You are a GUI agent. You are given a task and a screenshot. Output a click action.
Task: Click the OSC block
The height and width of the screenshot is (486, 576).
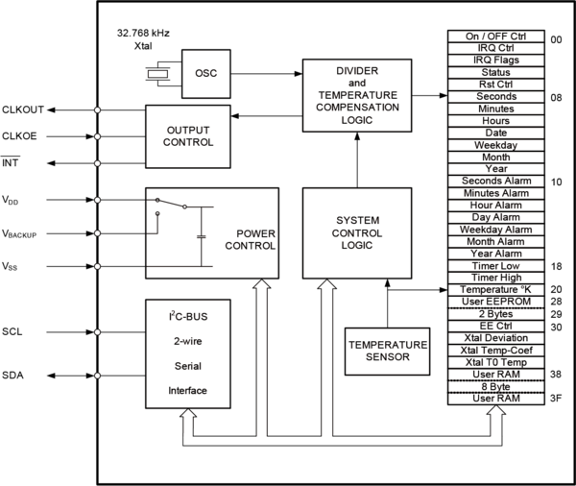[x=206, y=74]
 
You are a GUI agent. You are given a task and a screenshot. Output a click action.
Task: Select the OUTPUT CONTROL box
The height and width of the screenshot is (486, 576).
[x=188, y=136]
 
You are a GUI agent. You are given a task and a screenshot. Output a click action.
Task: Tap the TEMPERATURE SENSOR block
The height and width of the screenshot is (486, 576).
[x=387, y=352]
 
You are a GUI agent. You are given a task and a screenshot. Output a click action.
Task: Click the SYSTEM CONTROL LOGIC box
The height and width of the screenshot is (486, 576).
[x=357, y=233]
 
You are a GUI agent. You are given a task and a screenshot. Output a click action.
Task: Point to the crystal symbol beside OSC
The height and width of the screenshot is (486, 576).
[x=157, y=74]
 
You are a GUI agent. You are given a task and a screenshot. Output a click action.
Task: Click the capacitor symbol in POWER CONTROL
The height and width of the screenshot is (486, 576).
[x=201, y=236]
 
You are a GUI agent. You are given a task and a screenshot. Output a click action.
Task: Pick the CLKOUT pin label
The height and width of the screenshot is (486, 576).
[x=23, y=109]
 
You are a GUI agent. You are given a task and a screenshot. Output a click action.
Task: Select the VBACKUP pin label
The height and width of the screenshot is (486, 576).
[x=19, y=233]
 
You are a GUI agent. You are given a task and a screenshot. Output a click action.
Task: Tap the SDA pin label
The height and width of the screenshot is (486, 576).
[x=12, y=376]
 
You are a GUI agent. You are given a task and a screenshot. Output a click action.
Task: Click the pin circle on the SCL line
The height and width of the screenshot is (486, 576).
[x=97, y=332]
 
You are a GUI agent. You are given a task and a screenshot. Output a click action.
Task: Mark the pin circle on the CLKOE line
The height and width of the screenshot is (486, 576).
[x=97, y=136]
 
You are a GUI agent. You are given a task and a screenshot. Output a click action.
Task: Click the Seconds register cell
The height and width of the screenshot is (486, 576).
[x=496, y=97]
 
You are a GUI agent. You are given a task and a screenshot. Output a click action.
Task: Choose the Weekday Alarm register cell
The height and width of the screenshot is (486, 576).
[x=496, y=230]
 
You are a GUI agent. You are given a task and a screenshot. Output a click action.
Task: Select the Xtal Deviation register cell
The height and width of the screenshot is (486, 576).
[x=496, y=338]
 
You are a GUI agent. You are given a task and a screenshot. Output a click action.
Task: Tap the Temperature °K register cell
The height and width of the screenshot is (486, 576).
[x=496, y=290]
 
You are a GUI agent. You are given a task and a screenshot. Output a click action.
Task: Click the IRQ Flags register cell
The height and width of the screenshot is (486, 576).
[x=496, y=61]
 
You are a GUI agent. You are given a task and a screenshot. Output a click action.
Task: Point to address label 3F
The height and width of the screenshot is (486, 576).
[x=556, y=399]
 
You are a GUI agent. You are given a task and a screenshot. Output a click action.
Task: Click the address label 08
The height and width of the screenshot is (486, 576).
[x=556, y=98]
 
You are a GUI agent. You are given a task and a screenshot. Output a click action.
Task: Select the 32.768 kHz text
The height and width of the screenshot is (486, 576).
[x=143, y=33]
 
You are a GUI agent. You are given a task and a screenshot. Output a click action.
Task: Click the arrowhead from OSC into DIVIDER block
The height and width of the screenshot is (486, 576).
[x=299, y=74]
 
